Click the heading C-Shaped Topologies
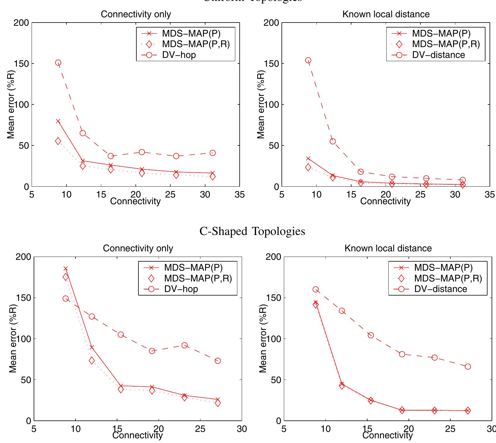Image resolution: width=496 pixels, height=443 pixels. coord(252,231)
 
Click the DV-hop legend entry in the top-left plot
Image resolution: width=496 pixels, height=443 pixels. coord(179,55)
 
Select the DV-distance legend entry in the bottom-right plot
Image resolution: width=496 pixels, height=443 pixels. coord(440,289)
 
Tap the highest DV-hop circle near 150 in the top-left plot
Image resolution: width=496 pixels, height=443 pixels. coord(58,63)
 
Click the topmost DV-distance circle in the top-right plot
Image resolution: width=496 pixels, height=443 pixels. coord(308,60)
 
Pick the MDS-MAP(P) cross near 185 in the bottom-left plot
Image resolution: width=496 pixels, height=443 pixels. coord(66,269)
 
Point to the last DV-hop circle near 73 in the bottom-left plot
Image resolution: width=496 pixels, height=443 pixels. coord(218,361)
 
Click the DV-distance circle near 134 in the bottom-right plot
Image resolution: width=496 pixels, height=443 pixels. coord(342,311)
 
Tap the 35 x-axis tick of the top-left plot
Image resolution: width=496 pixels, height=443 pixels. coord(240,195)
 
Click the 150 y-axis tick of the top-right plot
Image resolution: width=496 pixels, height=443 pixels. coord(271,63)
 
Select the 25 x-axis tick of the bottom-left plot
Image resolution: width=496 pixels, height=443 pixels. coord(200,429)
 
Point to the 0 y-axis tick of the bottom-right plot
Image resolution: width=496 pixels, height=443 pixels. coord(278,421)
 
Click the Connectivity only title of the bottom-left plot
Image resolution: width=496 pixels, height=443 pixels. coord(138,248)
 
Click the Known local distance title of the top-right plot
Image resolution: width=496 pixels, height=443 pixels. coord(386,14)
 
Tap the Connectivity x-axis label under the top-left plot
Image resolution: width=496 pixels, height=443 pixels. coord(135,201)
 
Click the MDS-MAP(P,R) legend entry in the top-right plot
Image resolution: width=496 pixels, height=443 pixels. coord(446,44)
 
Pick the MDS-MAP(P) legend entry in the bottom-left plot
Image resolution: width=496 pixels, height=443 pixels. coord(193,267)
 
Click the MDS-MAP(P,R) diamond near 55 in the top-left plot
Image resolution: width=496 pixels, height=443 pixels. coord(58,141)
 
